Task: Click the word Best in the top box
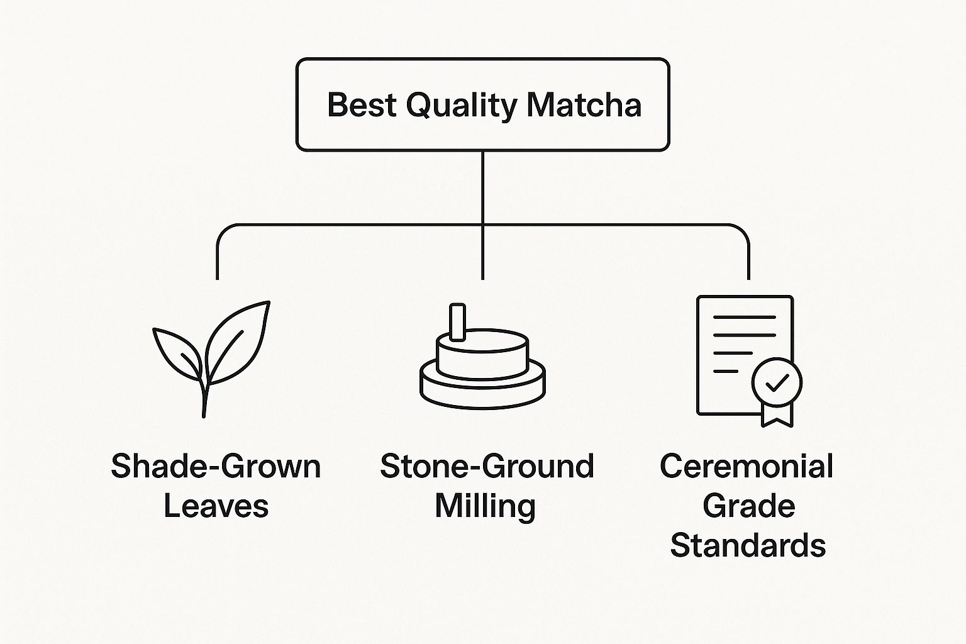click(x=362, y=105)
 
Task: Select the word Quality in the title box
click(x=461, y=106)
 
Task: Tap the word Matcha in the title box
click(x=584, y=105)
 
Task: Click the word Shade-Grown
click(x=216, y=466)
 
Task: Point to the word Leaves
click(x=216, y=506)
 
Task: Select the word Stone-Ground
click(x=487, y=466)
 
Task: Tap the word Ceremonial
click(x=747, y=466)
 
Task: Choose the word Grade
click(x=748, y=506)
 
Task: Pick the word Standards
click(x=748, y=545)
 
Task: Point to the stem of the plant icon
click(x=205, y=399)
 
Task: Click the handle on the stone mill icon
click(x=458, y=322)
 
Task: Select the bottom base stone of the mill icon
click(x=482, y=388)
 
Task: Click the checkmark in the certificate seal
click(x=777, y=382)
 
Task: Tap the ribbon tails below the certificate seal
click(x=777, y=415)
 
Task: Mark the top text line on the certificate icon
click(x=745, y=317)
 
